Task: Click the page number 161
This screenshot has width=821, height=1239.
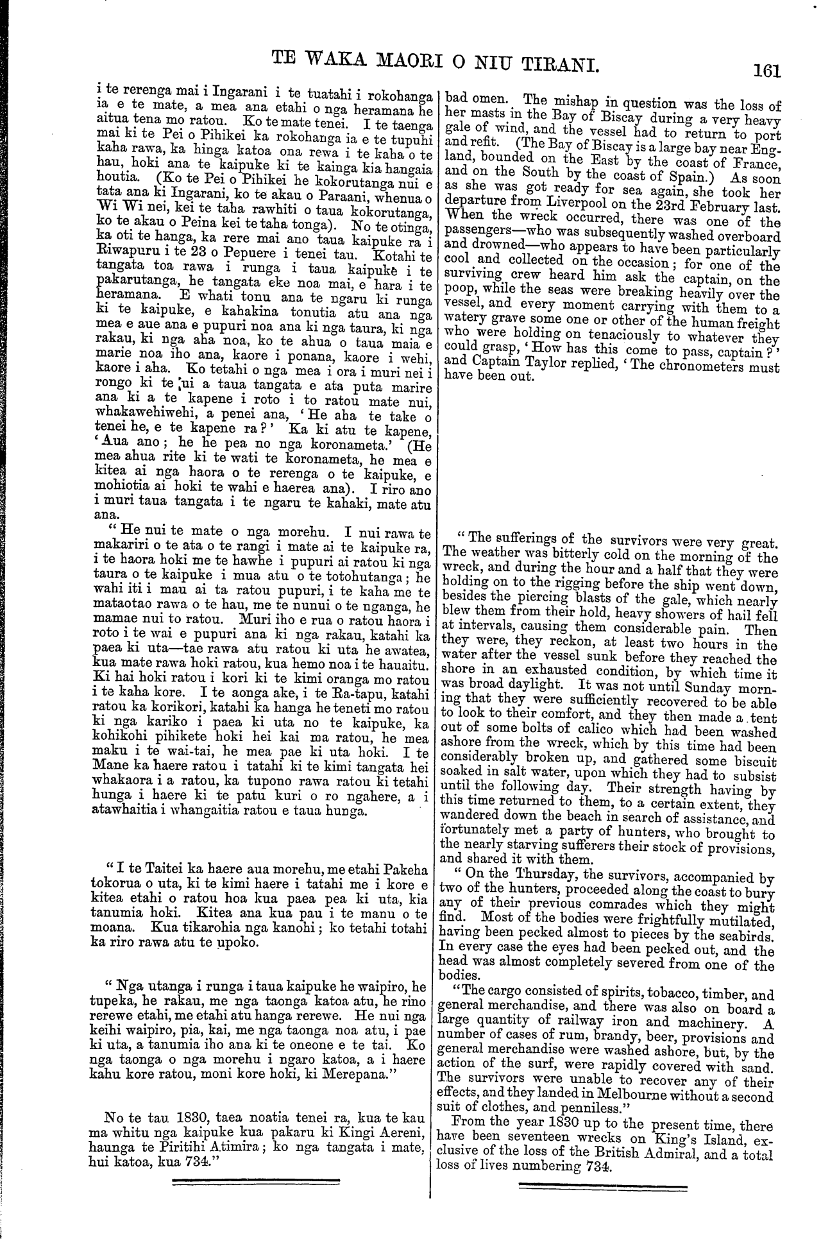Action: (767, 69)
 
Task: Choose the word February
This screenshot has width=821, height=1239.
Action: (702, 208)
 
